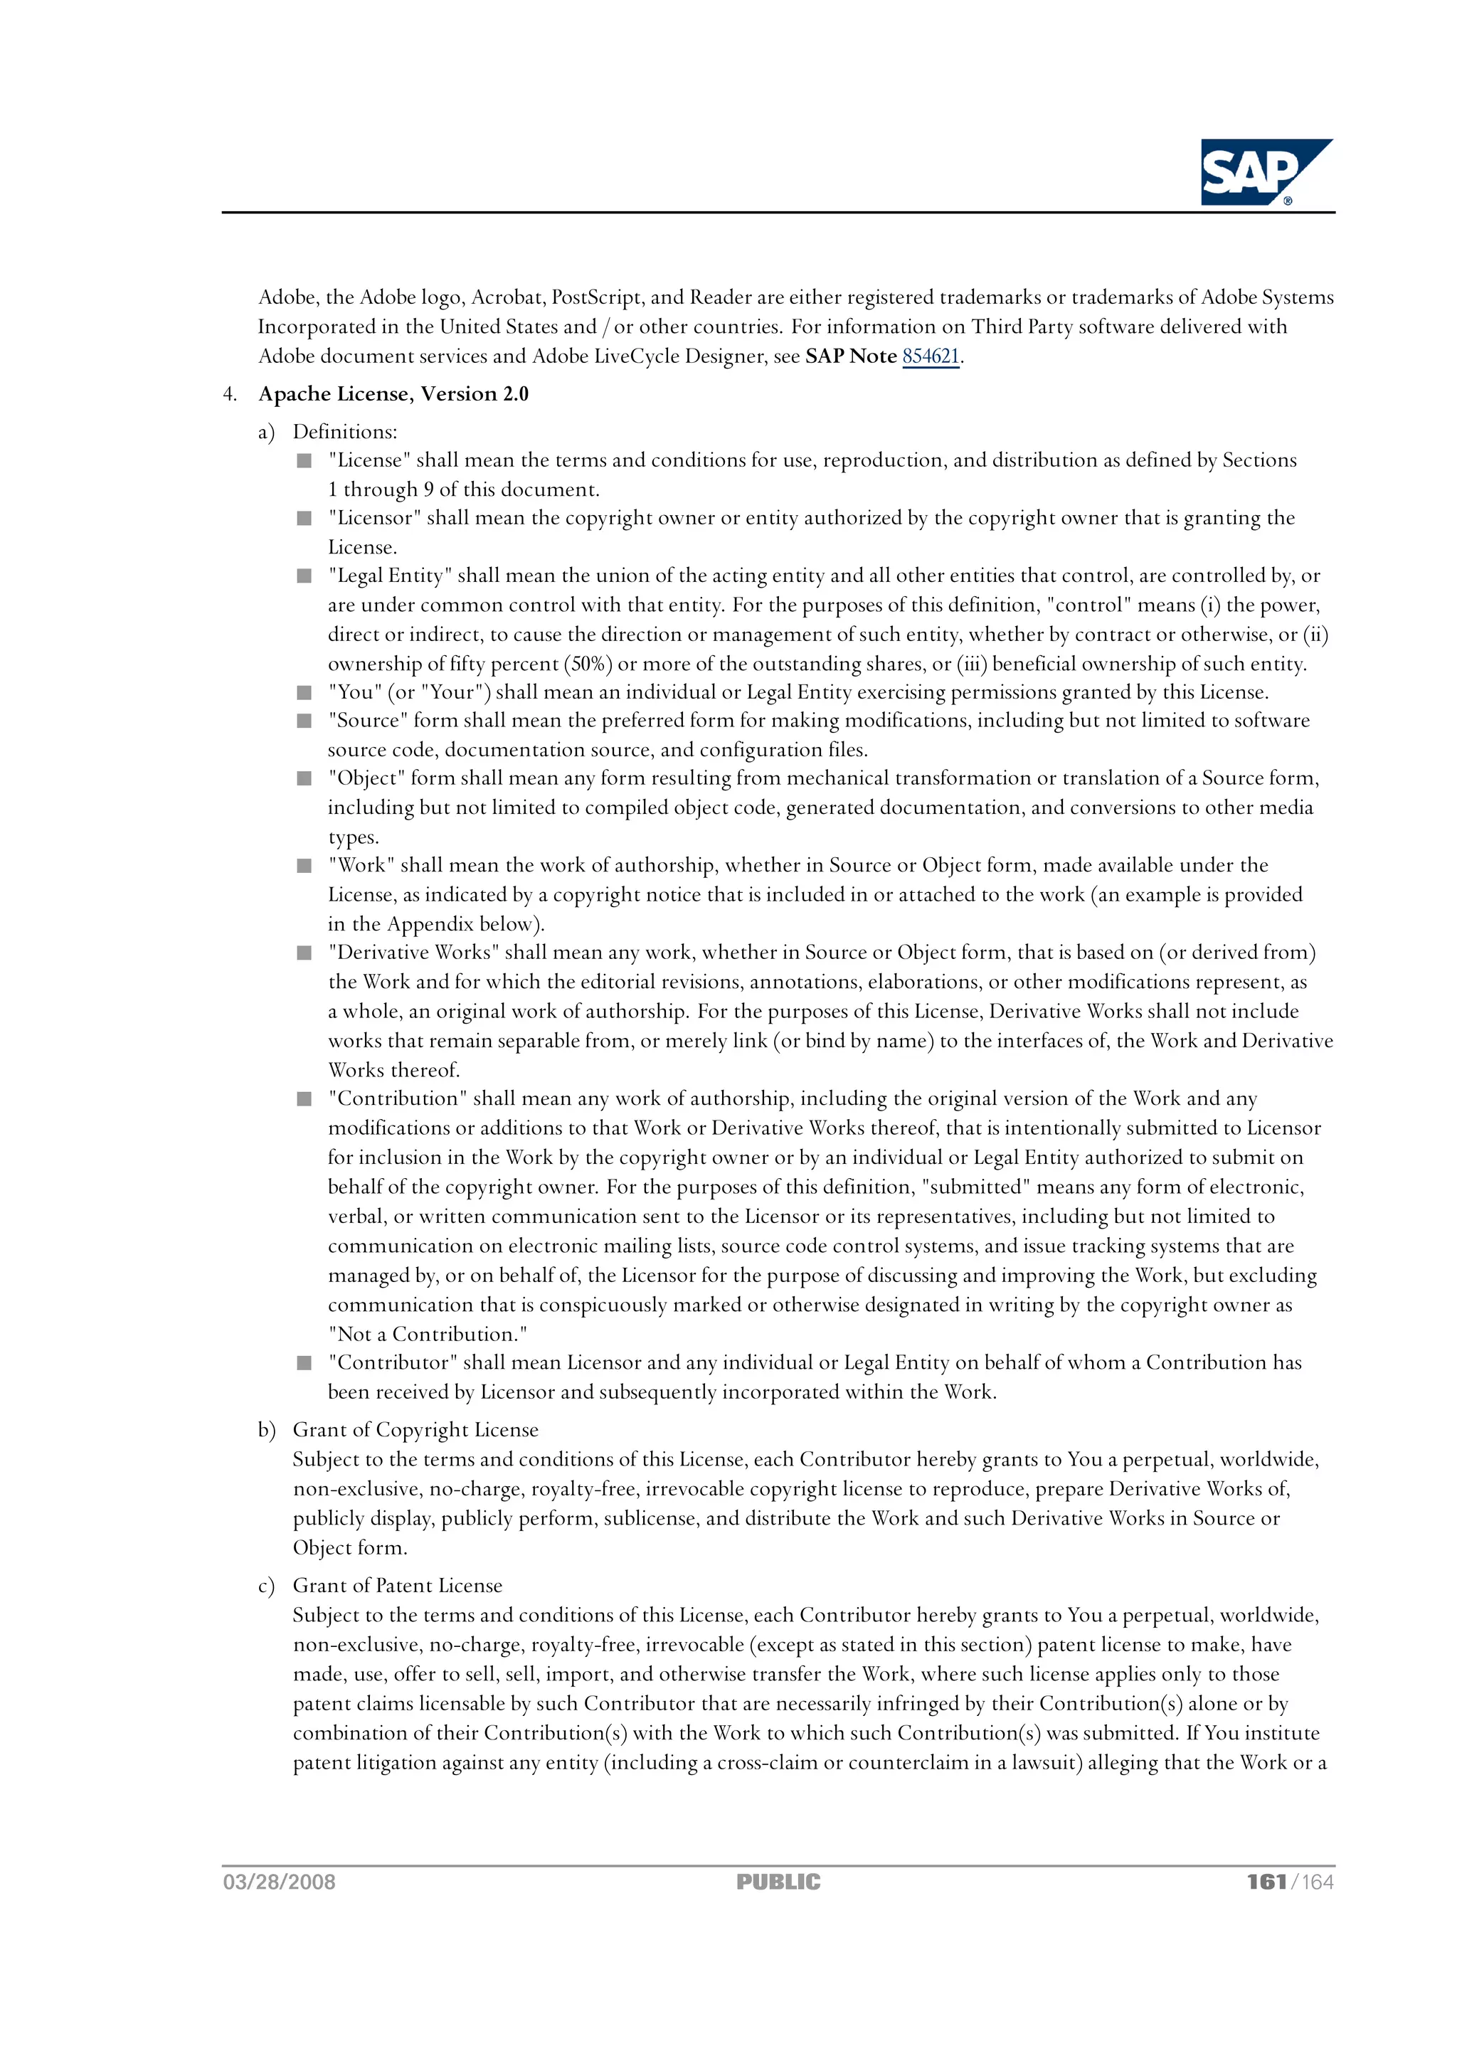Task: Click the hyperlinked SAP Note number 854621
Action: (931, 356)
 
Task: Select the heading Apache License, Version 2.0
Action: (393, 394)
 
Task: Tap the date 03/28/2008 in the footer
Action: (279, 1882)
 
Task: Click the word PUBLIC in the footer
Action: (778, 1882)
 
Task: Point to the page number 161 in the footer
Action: (1266, 1882)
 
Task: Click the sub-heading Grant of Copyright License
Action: (415, 1430)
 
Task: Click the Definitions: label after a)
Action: (345, 432)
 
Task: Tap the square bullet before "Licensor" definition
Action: (304, 519)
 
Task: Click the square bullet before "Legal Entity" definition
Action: (304, 576)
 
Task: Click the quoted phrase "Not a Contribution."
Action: (428, 1334)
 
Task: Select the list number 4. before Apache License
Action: (230, 394)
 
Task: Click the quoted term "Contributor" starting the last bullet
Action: (392, 1362)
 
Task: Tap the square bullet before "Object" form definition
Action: (304, 779)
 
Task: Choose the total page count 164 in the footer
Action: (1317, 1882)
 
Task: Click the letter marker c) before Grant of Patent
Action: (266, 1586)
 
